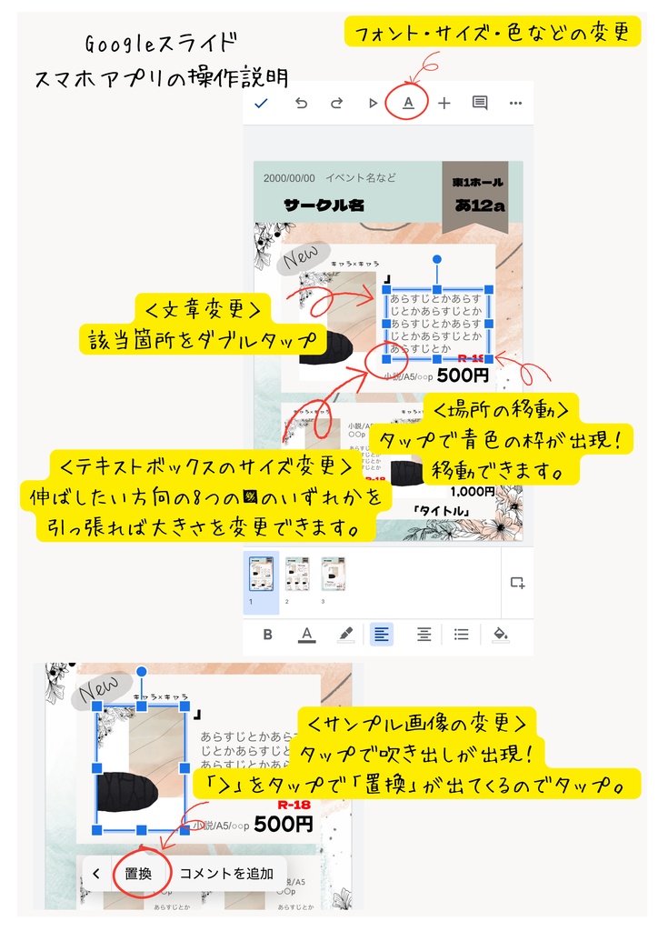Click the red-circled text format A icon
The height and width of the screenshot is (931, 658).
pyautogui.click(x=408, y=103)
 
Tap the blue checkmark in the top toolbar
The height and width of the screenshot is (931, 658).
pyautogui.click(x=262, y=103)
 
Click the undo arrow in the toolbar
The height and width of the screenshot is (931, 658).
pyautogui.click(x=301, y=103)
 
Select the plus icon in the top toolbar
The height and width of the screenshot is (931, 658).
pyautogui.click(x=444, y=103)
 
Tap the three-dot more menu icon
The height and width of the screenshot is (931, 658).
pyautogui.click(x=515, y=103)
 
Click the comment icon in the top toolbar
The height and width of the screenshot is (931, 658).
pyautogui.click(x=480, y=103)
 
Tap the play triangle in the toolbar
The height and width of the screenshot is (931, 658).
pyautogui.click(x=373, y=103)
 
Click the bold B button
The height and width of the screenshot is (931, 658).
pyautogui.click(x=268, y=634)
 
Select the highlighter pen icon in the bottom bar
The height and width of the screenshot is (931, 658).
pyautogui.click(x=345, y=634)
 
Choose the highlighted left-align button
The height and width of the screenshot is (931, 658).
pyautogui.click(x=382, y=634)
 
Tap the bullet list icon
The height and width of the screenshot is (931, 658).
pyautogui.click(x=461, y=634)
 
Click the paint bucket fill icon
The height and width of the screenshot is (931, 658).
pyautogui.click(x=500, y=634)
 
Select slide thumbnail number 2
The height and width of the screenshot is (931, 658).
pyautogui.click(x=297, y=575)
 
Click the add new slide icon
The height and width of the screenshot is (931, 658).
pyautogui.click(x=517, y=583)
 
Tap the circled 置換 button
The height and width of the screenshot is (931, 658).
pyautogui.click(x=138, y=874)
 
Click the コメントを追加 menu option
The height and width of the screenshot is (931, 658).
pyautogui.click(x=226, y=874)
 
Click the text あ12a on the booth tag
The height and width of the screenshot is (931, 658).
pyautogui.click(x=480, y=206)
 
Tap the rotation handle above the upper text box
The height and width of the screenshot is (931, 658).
pyautogui.click(x=437, y=259)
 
